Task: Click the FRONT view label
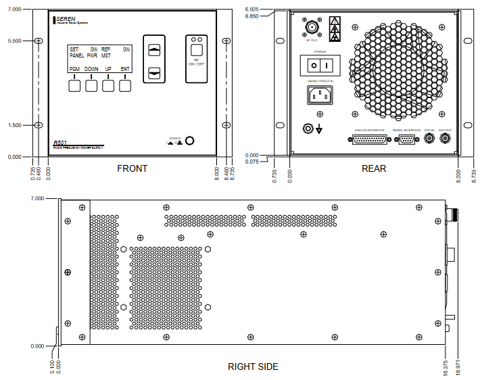pos(132,168)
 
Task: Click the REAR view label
pos(374,168)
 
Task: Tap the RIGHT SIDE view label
pos(253,367)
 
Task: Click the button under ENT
pos(125,85)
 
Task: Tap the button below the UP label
pos(108,85)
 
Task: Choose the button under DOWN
pos(91,85)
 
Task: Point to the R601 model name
pos(61,143)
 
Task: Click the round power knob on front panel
pos(191,141)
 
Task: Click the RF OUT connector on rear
pos(311,28)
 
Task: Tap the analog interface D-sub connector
pos(369,139)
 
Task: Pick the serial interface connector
pos(406,139)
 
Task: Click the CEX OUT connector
pos(445,139)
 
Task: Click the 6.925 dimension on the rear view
pos(252,9)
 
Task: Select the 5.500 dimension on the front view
pos(13,41)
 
